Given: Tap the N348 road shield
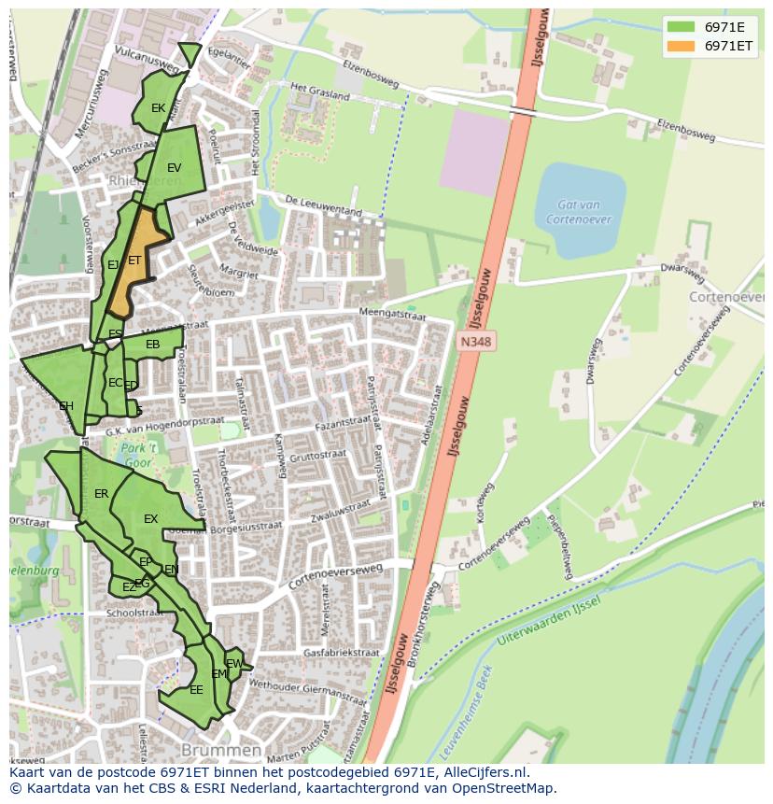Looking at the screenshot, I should pos(475,343).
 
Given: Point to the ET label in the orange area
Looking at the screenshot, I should pos(134,261).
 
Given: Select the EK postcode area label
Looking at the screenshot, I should pos(158,108).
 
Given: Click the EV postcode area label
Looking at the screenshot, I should pos(174,168).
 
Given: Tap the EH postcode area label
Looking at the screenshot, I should pos(66,406).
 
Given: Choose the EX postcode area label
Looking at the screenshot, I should pos(150,519).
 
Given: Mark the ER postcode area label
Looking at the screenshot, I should pos(101,494).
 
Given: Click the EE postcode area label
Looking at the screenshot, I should pos(196,690).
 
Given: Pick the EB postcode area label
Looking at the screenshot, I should pos(152,346).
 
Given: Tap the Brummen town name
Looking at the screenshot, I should pos(221,751).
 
